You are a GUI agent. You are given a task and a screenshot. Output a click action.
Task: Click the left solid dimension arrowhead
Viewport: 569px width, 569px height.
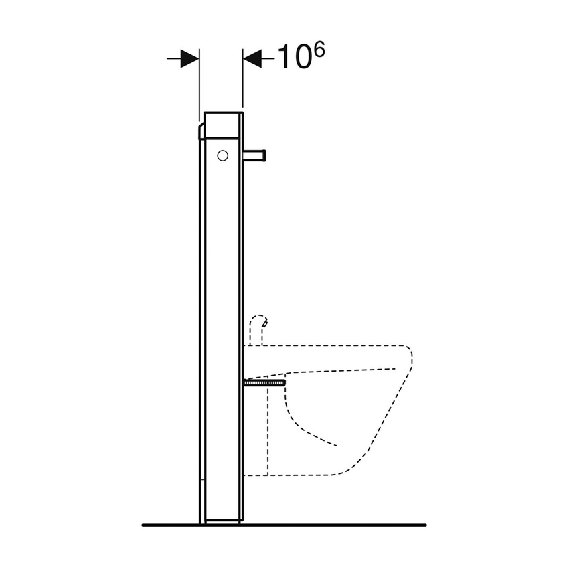pos(190,59)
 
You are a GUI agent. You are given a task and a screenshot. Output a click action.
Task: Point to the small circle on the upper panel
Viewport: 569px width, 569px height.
pos(223,157)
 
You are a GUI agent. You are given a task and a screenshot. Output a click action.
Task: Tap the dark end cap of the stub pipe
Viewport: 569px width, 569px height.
pos(264,156)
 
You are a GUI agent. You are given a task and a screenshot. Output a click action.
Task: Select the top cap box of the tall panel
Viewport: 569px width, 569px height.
pos(222,126)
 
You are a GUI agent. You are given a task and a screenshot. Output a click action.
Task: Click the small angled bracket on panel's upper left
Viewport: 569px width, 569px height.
pos(201,131)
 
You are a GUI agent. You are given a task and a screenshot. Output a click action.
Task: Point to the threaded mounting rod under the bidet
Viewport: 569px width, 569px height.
pos(265,383)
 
